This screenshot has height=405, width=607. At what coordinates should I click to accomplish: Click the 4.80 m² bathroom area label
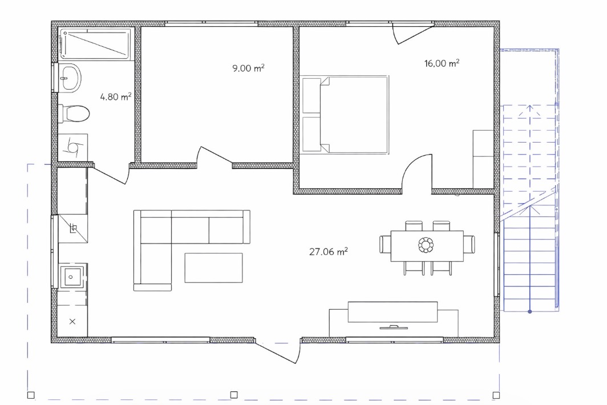pos(116,96)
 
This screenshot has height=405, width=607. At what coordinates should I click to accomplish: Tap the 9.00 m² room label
pos(248,68)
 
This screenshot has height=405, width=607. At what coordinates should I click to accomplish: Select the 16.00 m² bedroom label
pos(442,63)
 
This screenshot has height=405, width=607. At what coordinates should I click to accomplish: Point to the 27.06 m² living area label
pos(328,252)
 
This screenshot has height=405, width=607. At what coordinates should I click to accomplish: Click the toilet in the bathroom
pos(74,114)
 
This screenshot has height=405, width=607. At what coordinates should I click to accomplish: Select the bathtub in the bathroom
pos(95,44)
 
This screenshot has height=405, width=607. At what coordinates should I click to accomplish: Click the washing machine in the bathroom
pos(73,147)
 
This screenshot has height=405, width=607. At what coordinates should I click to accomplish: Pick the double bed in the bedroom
pos(345,115)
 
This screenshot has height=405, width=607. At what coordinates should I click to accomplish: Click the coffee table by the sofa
pos(214,268)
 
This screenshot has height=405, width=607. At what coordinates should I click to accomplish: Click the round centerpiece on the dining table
pos(426,245)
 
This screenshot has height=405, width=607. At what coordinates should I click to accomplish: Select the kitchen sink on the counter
pos(71,277)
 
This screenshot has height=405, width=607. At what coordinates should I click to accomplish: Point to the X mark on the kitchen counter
pos(72,321)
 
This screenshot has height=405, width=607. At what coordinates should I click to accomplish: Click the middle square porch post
pos(234,395)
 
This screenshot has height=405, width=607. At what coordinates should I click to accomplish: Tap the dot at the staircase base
pos(529,311)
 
